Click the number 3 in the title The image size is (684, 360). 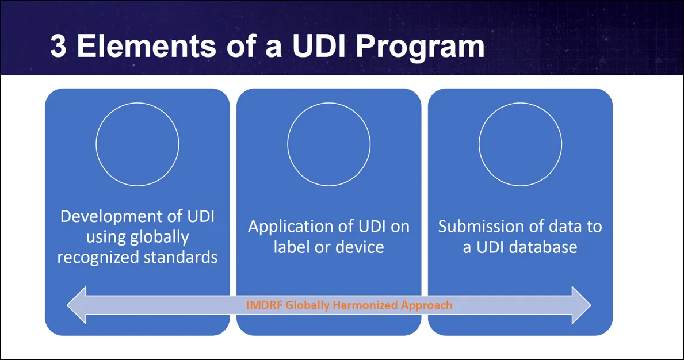coord(58,47)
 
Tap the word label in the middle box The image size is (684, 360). coord(291,247)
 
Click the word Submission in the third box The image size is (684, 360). coord(482,227)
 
